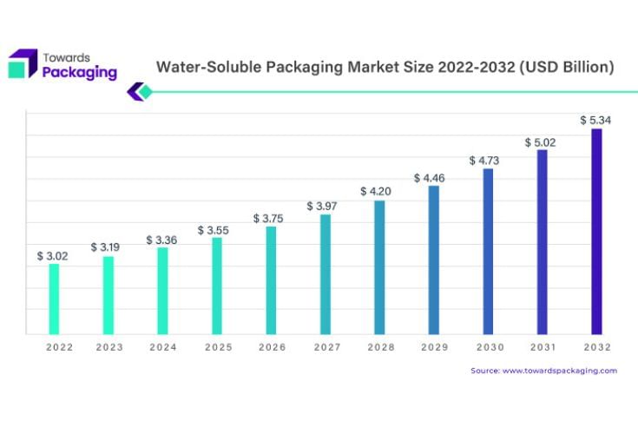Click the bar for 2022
(x=54, y=299)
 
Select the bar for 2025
(x=217, y=286)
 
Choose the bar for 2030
(x=488, y=251)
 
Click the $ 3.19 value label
(x=106, y=247)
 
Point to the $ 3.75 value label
(x=269, y=219)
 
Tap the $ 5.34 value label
(x=596, y=121)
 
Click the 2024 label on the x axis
(x=162, y=347)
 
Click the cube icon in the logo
(x=23, y=63)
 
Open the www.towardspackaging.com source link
(x=560, y=371)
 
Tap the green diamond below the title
(x=145, y=92)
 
